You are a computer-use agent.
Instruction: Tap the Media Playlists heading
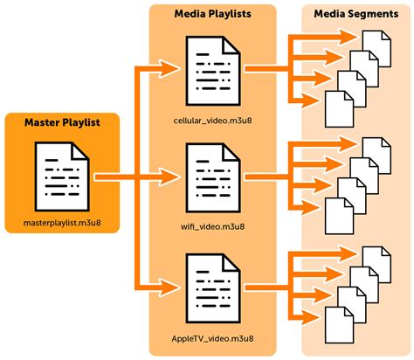(212, 15)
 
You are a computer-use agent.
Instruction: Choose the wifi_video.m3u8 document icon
(212, 175)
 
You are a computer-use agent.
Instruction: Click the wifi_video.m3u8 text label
(212, 225)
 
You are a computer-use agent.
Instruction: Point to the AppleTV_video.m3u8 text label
(212, 336)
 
